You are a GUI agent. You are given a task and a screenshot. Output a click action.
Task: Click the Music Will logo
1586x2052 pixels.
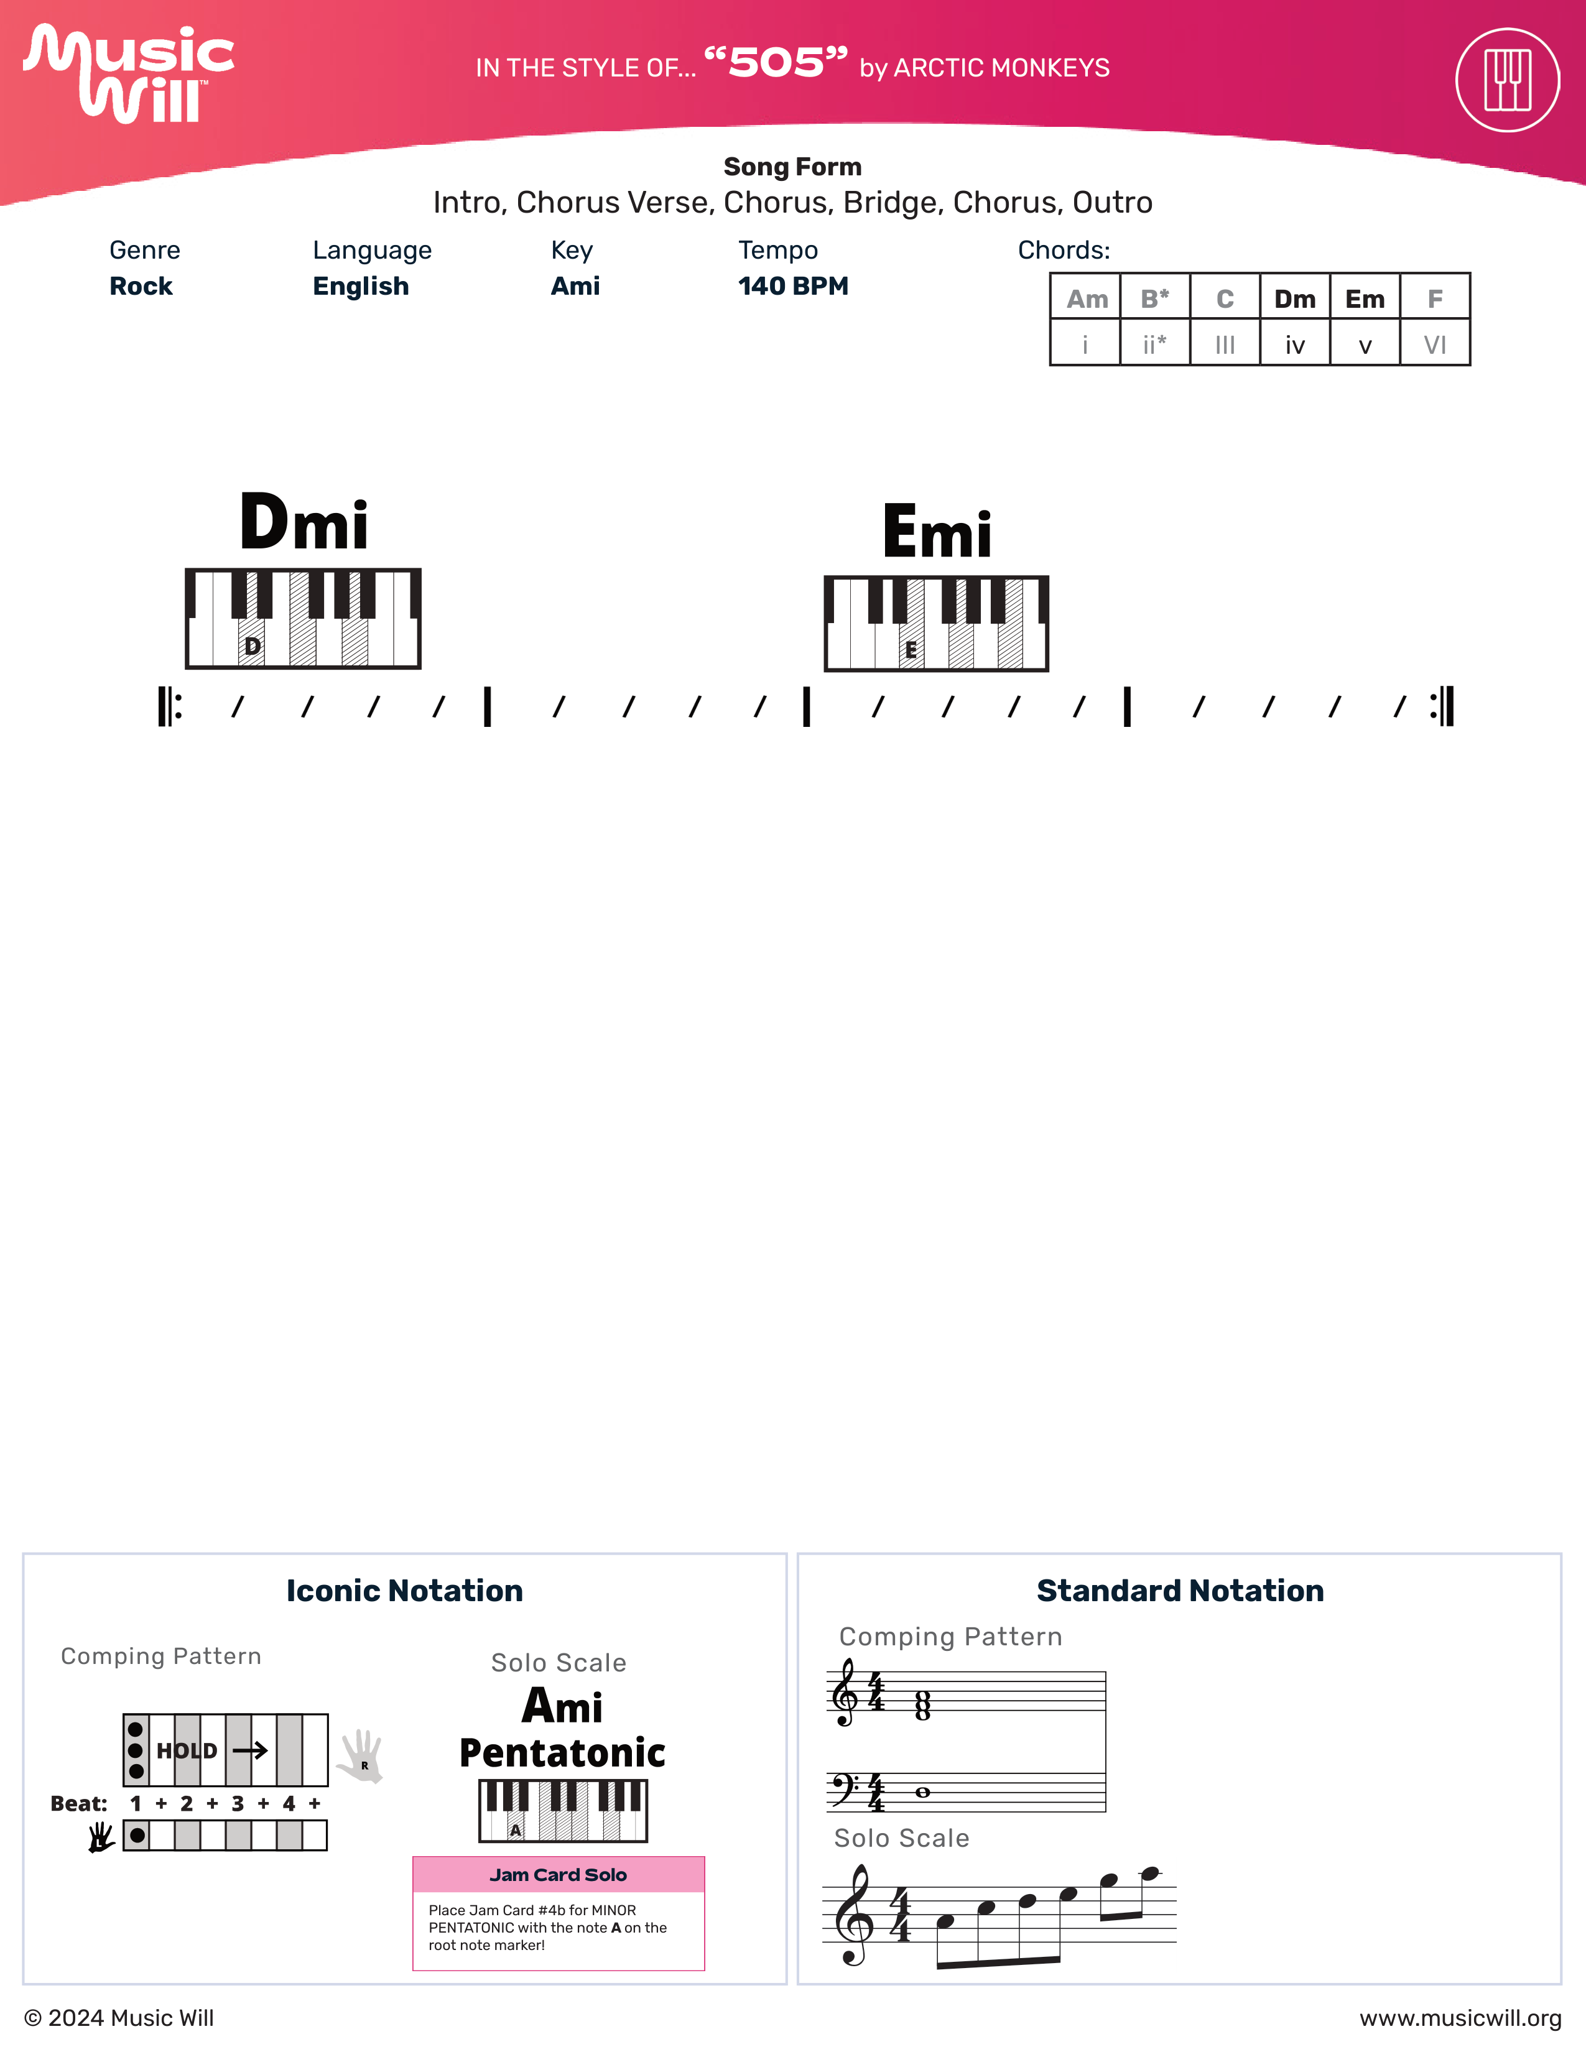(x=129, y=73)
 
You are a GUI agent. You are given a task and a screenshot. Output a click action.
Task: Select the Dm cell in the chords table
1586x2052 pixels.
(x=1295, y=298)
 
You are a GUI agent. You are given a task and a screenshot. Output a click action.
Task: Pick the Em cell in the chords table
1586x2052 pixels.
(x=1364, y=298)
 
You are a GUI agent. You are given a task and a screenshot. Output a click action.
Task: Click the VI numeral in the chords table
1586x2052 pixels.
(x=1435, y=345)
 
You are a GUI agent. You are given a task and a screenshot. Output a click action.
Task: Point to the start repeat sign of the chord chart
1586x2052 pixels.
(x=170, y=706)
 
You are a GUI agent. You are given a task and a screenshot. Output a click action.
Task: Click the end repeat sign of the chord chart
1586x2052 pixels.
(x=1442, y=706)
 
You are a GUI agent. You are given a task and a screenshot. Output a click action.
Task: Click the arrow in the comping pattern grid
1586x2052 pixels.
(x=250, y=1750)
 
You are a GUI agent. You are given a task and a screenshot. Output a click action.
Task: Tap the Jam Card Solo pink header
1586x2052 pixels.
(x=558, y=1874)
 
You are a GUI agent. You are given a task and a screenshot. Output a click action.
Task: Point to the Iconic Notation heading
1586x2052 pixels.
(x=404, y=1591)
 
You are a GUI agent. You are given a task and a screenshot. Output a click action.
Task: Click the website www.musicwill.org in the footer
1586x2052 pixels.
(x=1460, y=2018)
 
